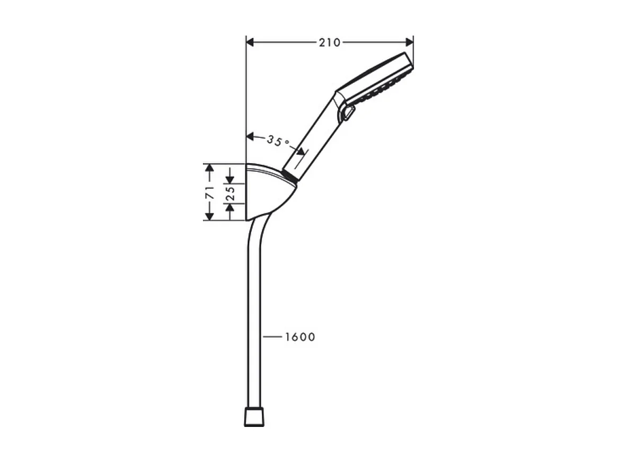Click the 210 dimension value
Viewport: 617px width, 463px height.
pos(329,42)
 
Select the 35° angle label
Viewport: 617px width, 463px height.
pos(278,141)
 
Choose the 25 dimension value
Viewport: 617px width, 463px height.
pos(231,194)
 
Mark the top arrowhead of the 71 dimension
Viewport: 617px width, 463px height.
pos(209,169)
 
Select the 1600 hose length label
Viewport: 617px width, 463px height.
pos(299,337)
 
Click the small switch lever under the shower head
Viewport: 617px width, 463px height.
pos(348,113)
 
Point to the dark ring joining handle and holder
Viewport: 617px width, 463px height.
pos(289,177)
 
